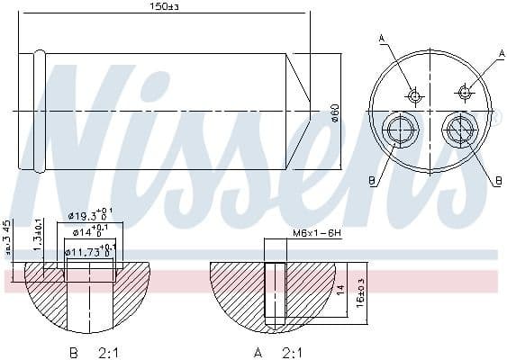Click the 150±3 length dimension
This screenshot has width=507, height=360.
point(161,8)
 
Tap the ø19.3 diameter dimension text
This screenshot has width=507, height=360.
point(92,217)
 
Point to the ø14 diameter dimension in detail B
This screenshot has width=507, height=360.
point(94,233)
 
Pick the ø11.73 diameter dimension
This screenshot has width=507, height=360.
point(91,251)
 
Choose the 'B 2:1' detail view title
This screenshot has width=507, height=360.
point(89,352)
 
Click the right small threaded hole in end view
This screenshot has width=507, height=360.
point(465,90)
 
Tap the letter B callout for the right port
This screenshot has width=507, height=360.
point(496,181)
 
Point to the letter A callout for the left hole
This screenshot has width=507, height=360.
point(381,36)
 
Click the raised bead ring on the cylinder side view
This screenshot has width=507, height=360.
point(39,111)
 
